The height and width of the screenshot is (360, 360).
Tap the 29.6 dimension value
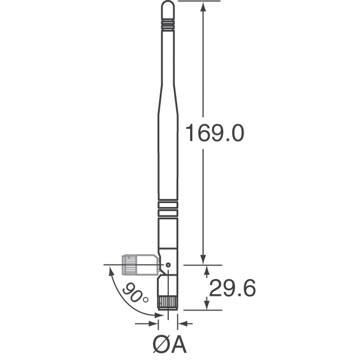[232, 288]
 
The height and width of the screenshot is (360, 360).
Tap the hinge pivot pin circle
[168, 264]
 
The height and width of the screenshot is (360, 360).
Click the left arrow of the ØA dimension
[153, 323]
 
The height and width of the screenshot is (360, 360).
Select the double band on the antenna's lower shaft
[168, 209]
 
